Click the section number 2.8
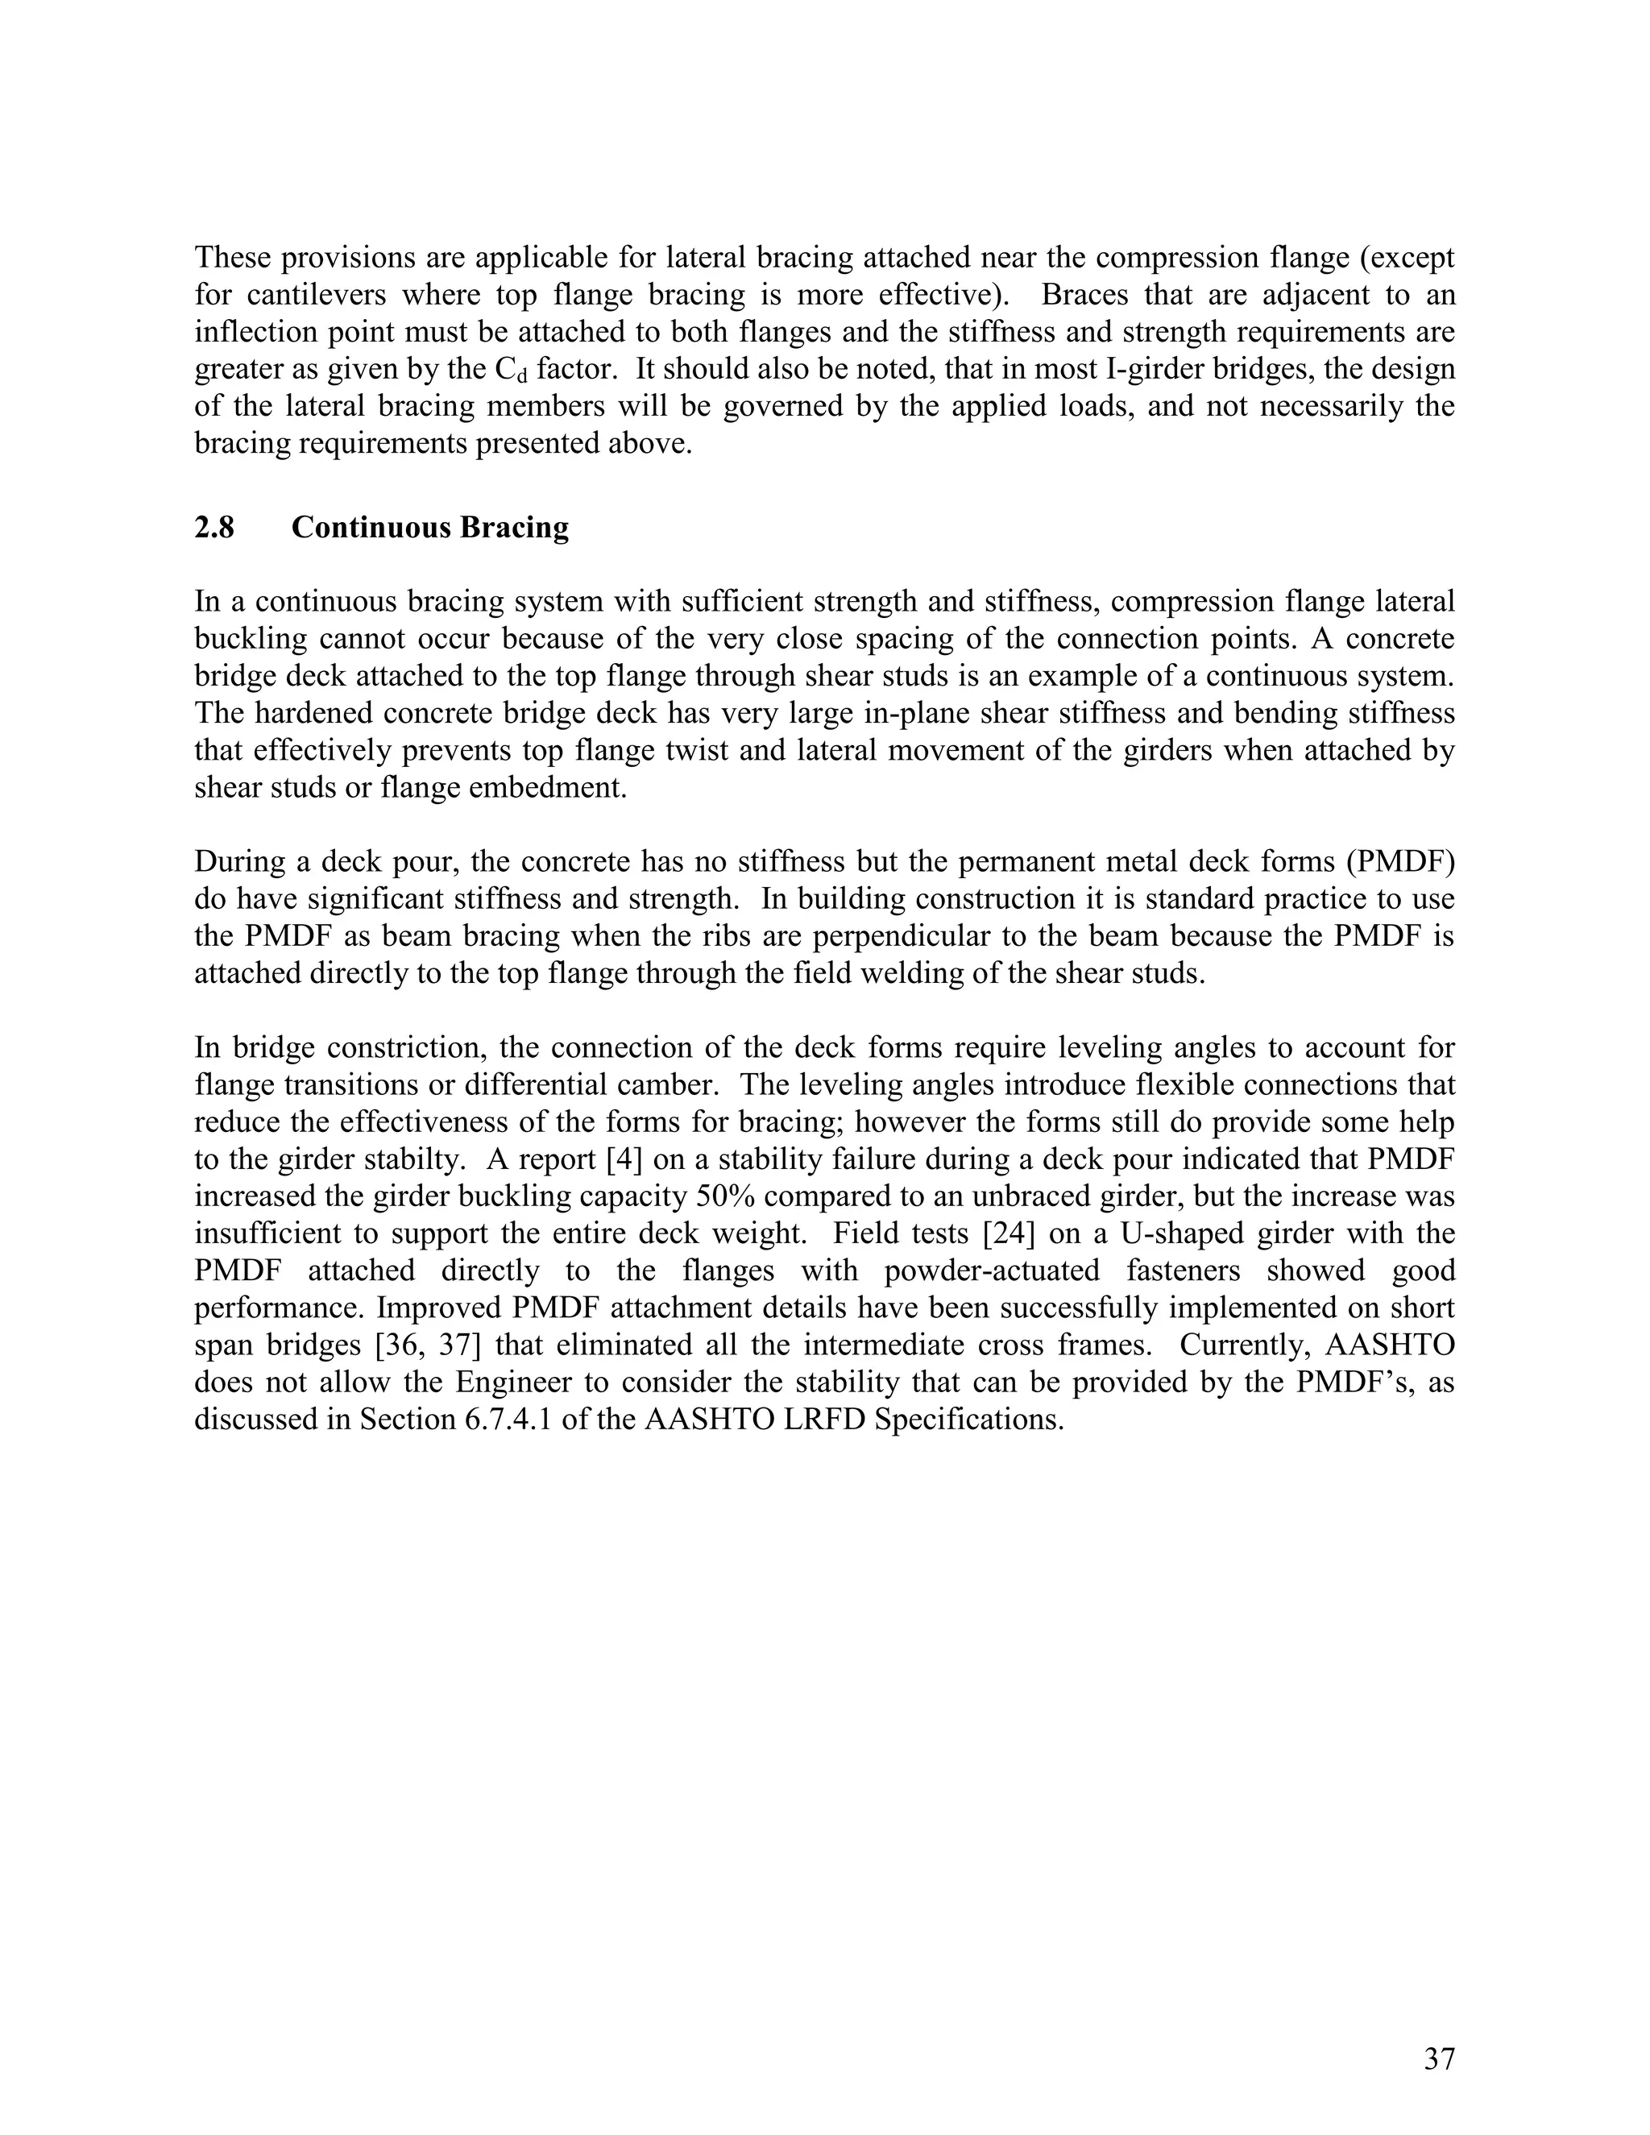[214, 528]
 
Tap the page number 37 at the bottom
[1439, 2060]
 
